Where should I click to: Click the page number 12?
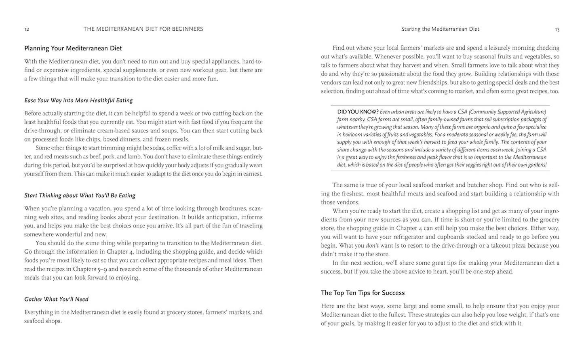(x=27, y=29)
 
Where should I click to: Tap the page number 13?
(x=557, y=29)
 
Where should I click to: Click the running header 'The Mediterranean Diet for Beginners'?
(x=143, y=29)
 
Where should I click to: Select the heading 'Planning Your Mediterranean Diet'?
(x=73, y=48)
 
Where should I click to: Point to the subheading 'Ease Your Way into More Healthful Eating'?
(x=78, y=100)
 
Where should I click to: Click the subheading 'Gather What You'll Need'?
(x=56, y=299)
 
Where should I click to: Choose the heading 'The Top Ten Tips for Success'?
(x=363, y=293)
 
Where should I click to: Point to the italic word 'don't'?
(x=373, y=245)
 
